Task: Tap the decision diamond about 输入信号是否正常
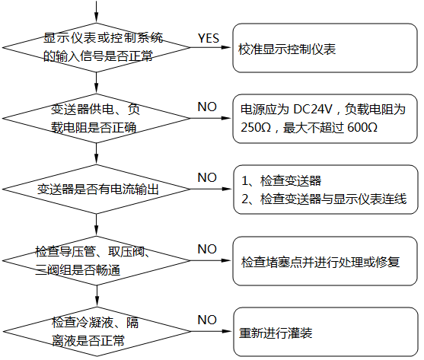[x=97, y=47]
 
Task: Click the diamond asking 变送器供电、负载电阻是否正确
[x=97, y=118]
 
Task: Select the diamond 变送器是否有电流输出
[x=97, y=189]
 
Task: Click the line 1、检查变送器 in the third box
[x=281, y=180]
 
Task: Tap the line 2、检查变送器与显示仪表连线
[x=324, y=199]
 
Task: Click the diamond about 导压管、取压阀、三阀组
[x=97, y=260]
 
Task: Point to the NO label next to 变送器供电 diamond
[x=207, y=107]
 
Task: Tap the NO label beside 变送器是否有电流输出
[x=207, y=177]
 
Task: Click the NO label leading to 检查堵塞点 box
[x=207, y=249]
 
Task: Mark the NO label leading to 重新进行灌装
[x=207, y=320]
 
